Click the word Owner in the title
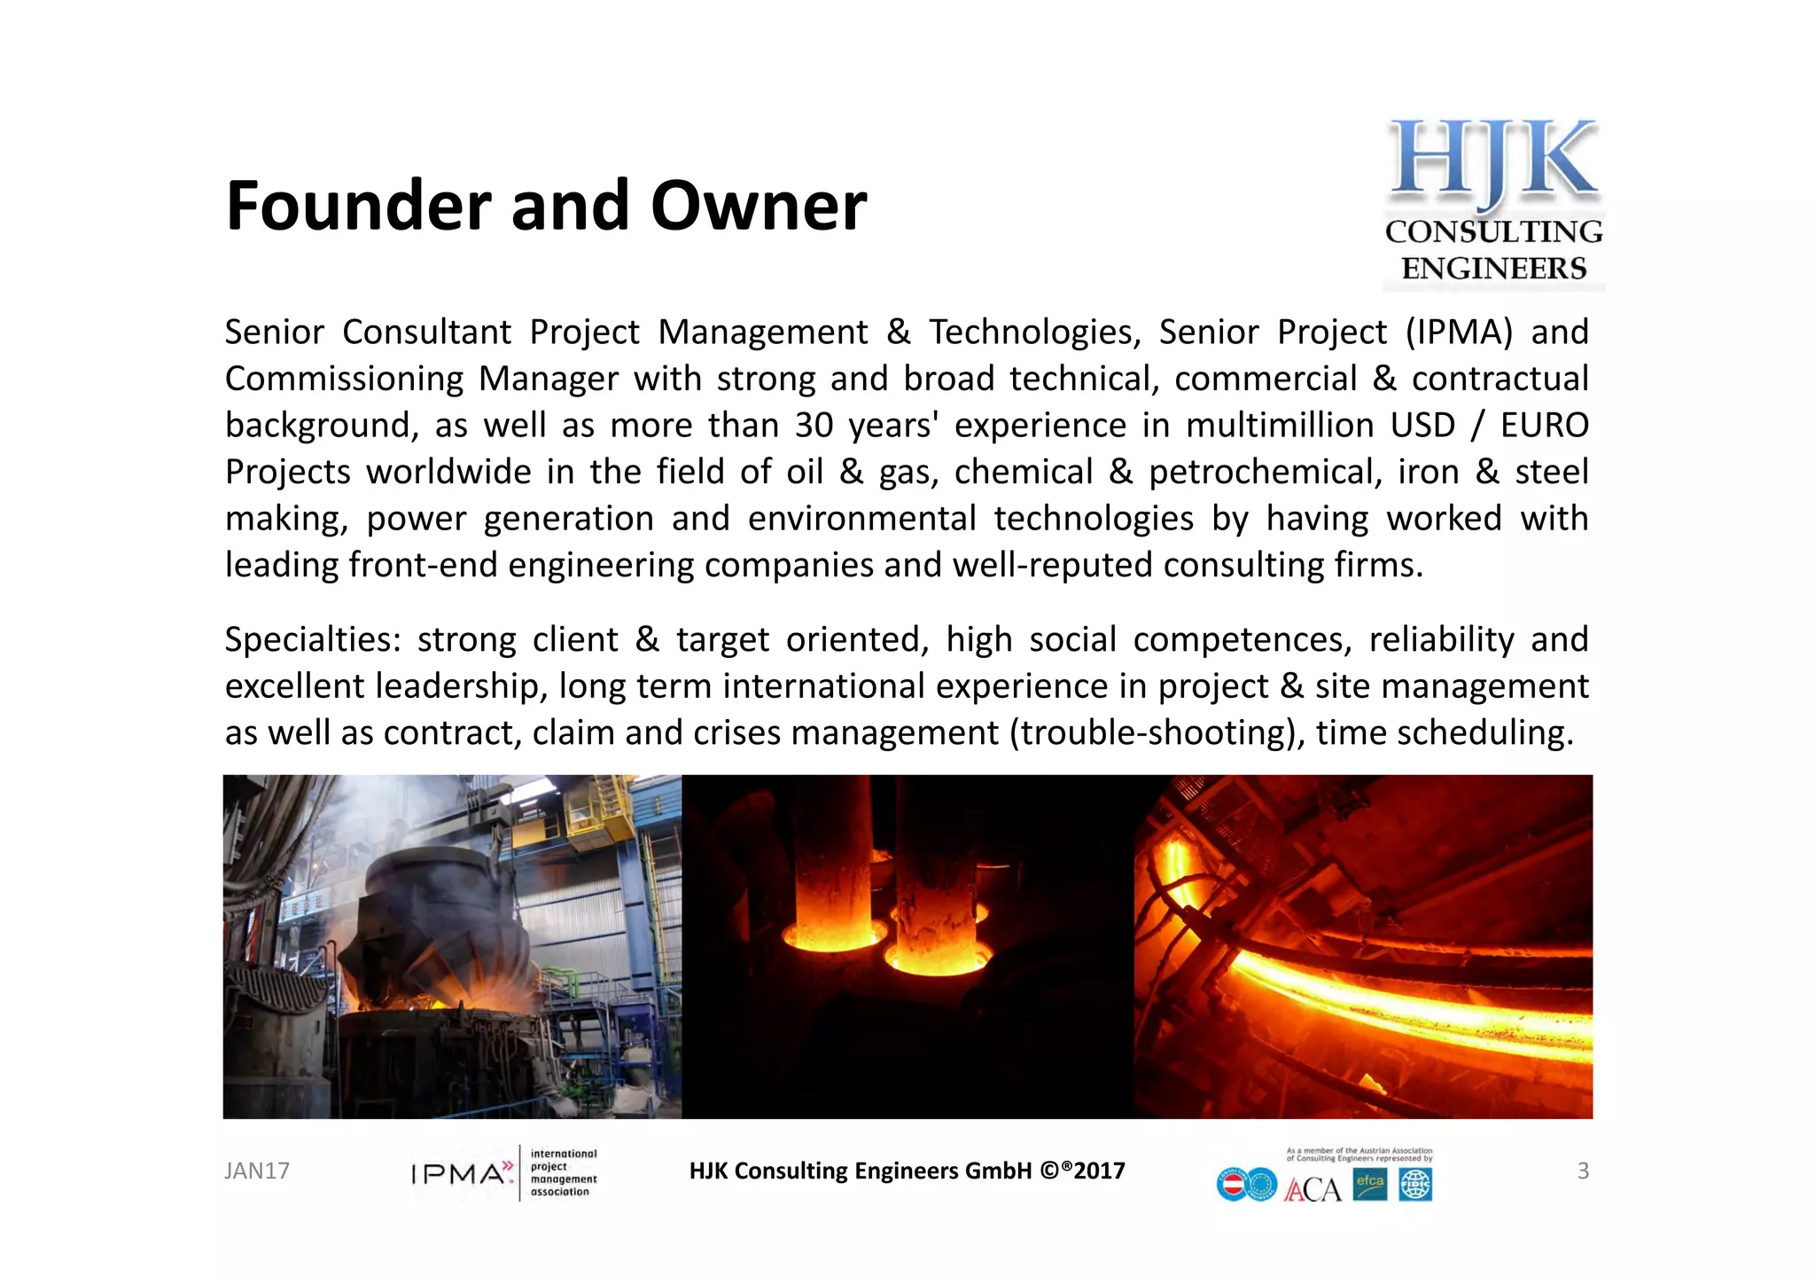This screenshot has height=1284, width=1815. pos(759,206)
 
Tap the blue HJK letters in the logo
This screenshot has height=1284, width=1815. pos(1493,160)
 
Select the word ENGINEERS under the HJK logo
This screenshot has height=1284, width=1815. pos(1493,268)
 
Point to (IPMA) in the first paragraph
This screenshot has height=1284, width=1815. pos(1459,333)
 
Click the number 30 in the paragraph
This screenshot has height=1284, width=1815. pos(814,426)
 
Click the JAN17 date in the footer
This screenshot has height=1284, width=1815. pos(257,1171)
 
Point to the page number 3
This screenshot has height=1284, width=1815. pos(1583,1171)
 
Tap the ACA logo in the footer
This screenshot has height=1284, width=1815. pos(1313,1189)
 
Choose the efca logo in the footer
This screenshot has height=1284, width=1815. pos(1370,1185)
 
